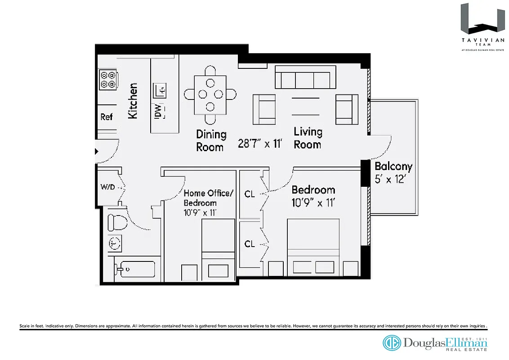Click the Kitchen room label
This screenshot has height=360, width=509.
[x=133, y=101]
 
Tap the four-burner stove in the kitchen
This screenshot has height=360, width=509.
[x=108, y=80]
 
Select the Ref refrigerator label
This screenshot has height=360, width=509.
[x=107, y=117]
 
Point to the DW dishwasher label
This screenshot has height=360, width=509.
[x=158, y=111]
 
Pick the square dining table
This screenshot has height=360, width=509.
[x=210, y=94]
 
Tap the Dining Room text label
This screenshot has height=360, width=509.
[x=210, y=140]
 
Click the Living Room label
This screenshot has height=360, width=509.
[x=308, y=138]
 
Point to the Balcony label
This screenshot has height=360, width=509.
[x=393, y=166]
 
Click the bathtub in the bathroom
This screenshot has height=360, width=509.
[x=135, y=269]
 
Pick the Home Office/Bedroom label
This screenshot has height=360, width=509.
[x=209, y=198]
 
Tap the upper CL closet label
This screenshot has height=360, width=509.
[x=250, y=194]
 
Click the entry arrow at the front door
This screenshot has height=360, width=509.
[x=96, y=152]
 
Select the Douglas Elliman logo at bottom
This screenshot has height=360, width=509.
[x=435, y=343]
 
